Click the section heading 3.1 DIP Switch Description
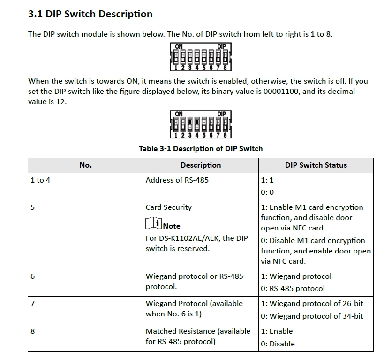(x=90, y=14)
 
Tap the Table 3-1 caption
(x=201, y=148)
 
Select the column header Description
(x=201, y=165)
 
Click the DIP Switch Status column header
(x=316, y=165)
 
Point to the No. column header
(x=85, y=165)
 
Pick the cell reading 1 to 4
(x=40, y=180)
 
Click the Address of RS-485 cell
(x=177, y=180)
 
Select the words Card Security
(x=168, y=207)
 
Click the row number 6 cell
(x=32, y=276)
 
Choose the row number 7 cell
(x=32, y=303)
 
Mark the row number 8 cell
(x=32, y=331)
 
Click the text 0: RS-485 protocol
(x=293, y=288)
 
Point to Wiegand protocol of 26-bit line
(x=312, y=303)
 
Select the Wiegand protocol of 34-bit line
(x=312, y=316)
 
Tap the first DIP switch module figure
(x=201, y=57)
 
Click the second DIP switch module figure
(x=201, y=124)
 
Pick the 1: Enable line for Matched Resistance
(x=277, y=331)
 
